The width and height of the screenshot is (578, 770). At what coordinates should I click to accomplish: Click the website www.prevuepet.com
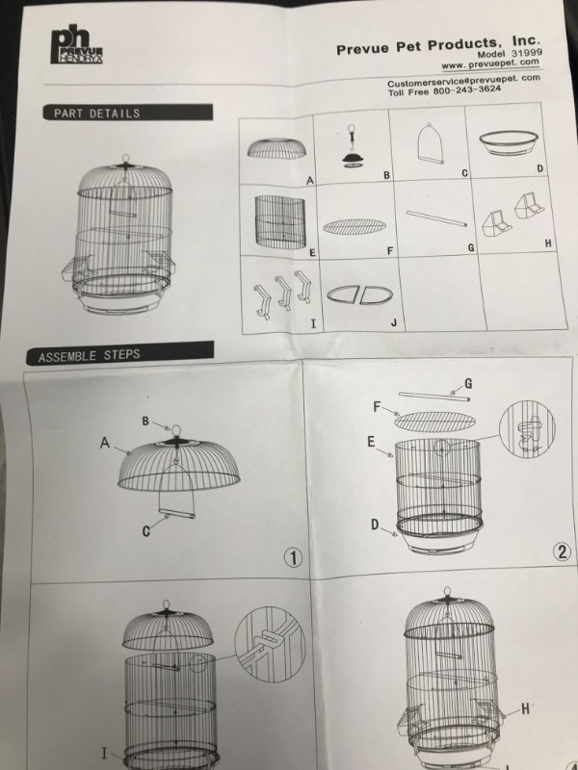pyautogui.click(x=491, y=64)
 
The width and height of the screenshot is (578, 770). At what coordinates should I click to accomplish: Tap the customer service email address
pyautogui.click(x=463, y=82)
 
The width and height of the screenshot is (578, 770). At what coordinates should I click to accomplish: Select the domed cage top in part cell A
pyautogui.click(x=277, y=148)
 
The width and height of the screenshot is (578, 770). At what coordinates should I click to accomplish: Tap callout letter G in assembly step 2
pyautogui.click(x=467, y=383)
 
